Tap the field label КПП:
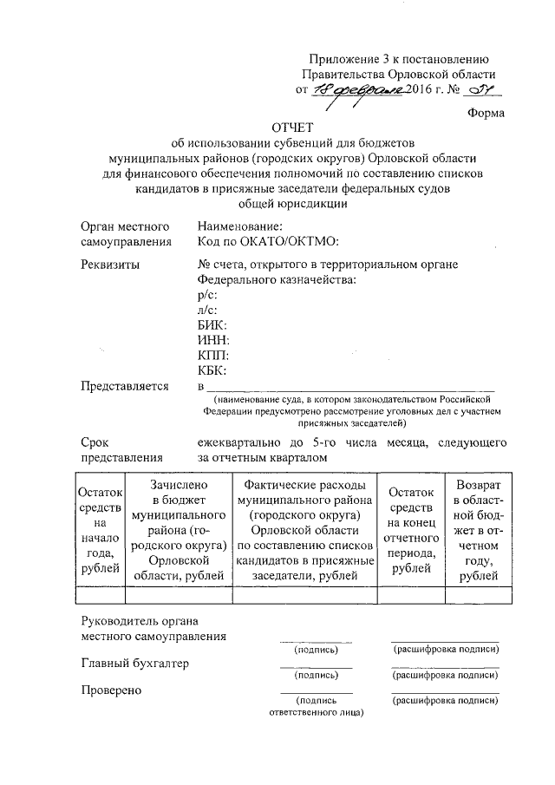(213, 357)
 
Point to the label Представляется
(124, 387)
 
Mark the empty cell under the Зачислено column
(177, 594)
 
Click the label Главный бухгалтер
(134, 664)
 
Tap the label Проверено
(112, 690)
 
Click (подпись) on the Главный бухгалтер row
(317, 675)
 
